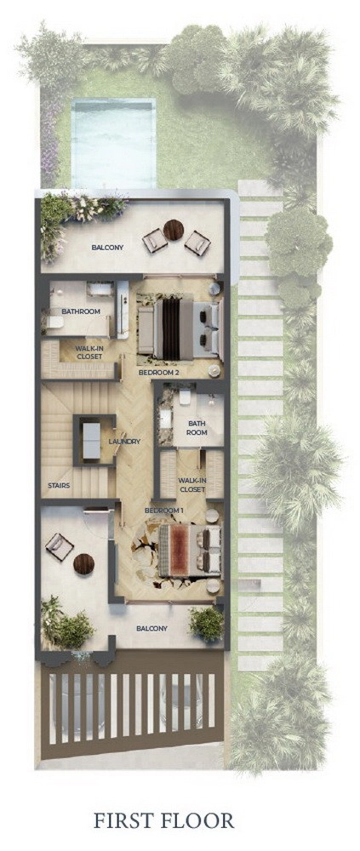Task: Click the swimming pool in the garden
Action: click(113, 142)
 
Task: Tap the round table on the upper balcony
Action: click(174, 230)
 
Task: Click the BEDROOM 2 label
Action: click(159, 373)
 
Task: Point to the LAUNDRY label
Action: click(124, 441)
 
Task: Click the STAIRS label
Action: click(59, 485)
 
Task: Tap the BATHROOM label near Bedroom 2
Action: click(81, 311)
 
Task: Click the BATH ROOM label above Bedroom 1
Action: click(197, 428)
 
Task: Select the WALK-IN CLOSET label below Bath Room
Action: click(192, 485)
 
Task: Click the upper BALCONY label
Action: click(107, 248)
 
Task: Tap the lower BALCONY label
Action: click(151, 629)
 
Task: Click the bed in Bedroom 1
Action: click(190, 551)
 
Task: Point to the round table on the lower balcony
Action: click(84, 564)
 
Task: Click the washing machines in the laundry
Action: click(91, 440)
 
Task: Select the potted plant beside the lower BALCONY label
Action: click(206, 623)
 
